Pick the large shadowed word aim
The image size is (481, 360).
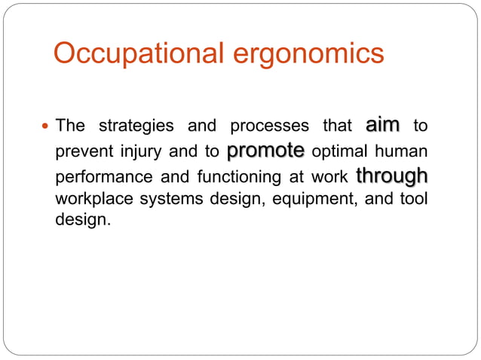382,124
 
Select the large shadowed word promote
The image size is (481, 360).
265,150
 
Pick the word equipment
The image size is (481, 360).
309,200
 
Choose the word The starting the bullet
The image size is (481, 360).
71,126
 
